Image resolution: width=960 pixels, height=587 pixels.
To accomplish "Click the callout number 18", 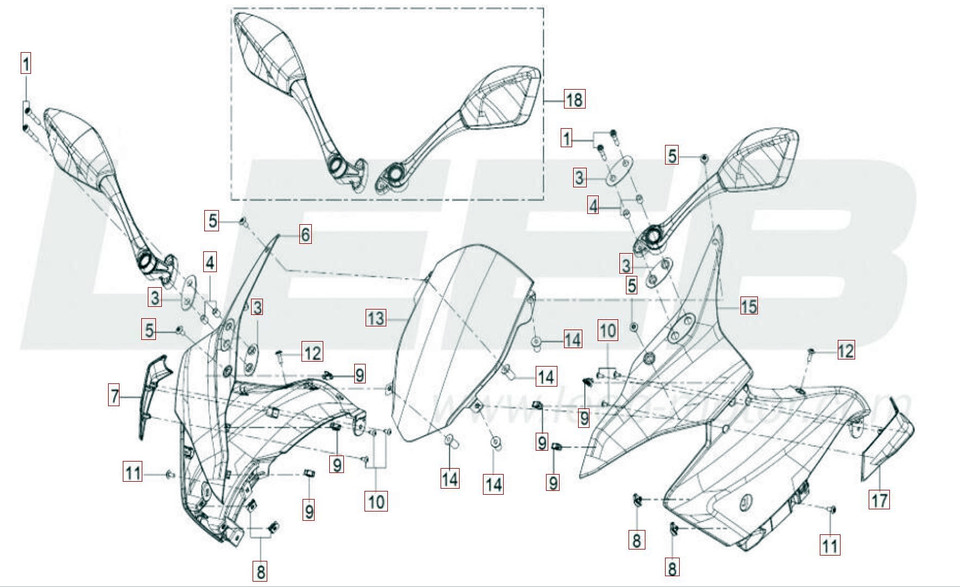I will (x=574, y=99).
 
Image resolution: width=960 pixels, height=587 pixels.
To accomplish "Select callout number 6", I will (x=305, y=235).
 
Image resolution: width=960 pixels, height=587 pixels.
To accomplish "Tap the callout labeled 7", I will (x=114, y=396).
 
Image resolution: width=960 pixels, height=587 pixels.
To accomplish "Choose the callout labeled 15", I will (x=749, y=306).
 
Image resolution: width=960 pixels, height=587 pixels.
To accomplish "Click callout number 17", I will (x=880, y=500).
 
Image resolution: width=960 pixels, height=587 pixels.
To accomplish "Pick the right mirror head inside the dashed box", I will (x=500, y=100).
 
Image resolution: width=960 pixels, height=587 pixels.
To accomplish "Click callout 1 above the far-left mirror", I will (x=26, y=64).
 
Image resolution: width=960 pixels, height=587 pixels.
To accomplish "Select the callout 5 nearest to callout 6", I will (x=213, y=220).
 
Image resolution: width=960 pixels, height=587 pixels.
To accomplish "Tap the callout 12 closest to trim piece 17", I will (x=845, y=350).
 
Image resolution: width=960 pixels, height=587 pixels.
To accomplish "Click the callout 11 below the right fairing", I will (x=830, y=544).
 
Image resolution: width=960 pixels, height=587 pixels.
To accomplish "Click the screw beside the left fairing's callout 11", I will (x=169, y=475).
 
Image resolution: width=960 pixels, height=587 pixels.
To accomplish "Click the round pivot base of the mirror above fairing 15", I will (x=651, y=236).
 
